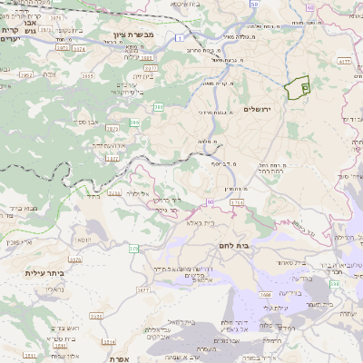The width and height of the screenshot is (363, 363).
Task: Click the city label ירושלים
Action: click(x=259, y=109)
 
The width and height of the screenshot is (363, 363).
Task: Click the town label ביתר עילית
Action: click(x=43, y=272)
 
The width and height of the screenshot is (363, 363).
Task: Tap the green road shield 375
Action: click(x=133, y=248)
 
